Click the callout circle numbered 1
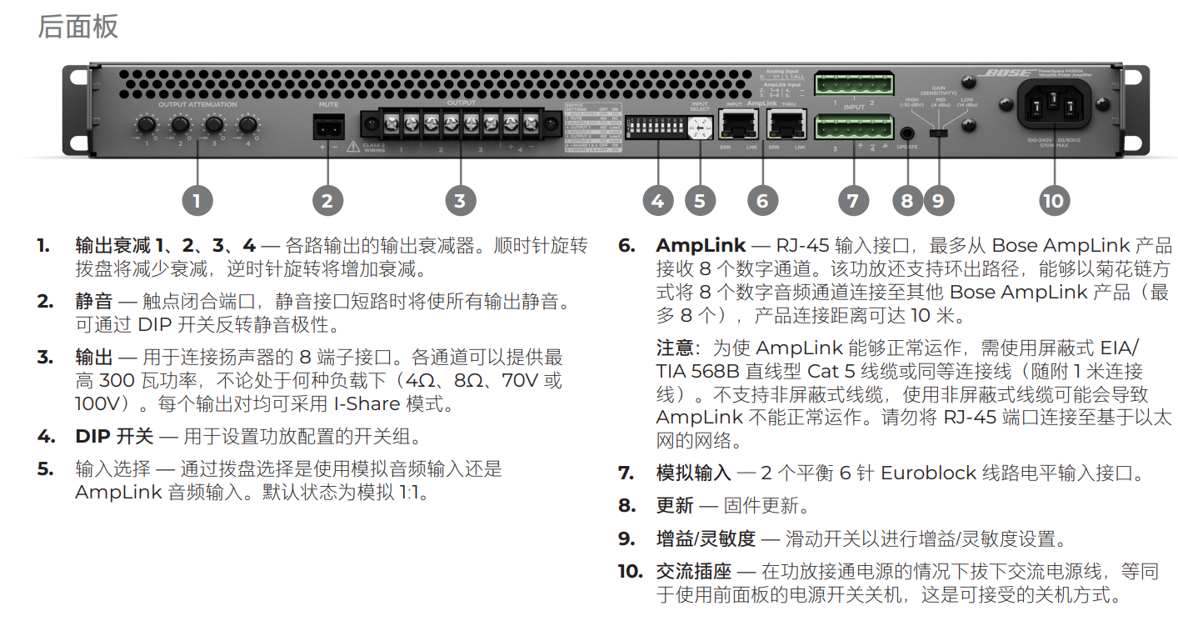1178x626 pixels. click(x=197, y=200)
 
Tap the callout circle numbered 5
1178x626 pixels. click(x=700, y=200)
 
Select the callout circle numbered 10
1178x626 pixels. click(x=1053, y=200)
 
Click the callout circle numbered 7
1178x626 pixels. click(x=851, y=200)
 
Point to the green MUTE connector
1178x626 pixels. click(x=327, y=127)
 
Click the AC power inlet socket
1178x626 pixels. click(x=1053, y=107)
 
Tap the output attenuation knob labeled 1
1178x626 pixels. click(x=147, y=125)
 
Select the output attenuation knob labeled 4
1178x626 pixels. click(x=247, y=125)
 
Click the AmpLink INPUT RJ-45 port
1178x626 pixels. click(x=736, y=125)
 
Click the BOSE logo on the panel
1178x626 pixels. click(x=1009, y=73)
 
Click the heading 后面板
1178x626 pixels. click(x=77, y=26)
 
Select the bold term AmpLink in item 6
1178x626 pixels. click(x=701, y=246)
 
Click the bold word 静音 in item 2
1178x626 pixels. click(x=93, y=302)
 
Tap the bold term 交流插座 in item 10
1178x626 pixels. click(x=693, y=572)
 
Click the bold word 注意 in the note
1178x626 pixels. click(x=675, y=348)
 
